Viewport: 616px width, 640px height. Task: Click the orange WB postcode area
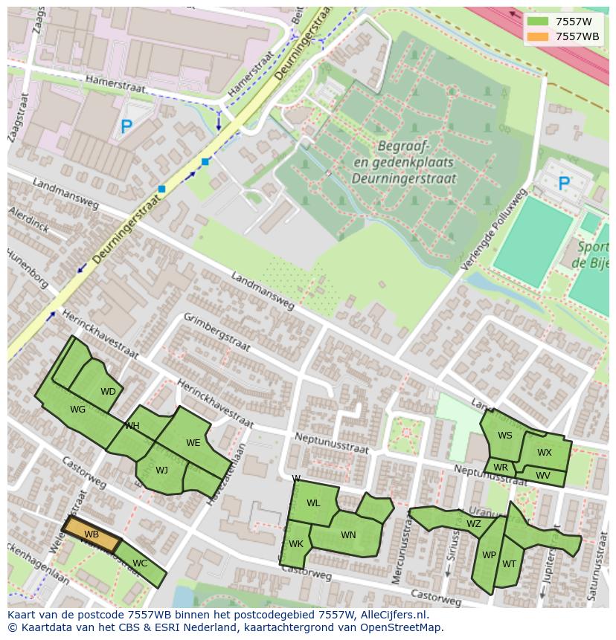pyautogui.click(x=92, y=534)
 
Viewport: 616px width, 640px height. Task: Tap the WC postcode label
pyautogui.click(x=139, y=563)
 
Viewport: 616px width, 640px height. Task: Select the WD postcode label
pyautogui.click(x=108, y=392)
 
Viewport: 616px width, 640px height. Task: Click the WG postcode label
pyautogui.click(x=77, y=410)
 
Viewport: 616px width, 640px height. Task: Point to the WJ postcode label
pyautogui.click(x=161, y=470)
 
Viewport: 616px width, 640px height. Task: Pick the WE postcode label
pyautogui.click(x=193, y=443)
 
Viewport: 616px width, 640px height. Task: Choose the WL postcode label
pyautogui.click(x=313, y=503)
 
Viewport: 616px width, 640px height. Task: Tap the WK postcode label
pyautogui.click(x=296, y=544)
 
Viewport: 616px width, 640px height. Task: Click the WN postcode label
pyautogui.click(x=348, y=535)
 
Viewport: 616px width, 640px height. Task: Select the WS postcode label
pyautogui.click(x=505, y=436)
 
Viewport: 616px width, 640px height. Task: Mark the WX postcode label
pyautogui.click(x=545, y=453)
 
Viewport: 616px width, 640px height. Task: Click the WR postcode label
pyautogui.click(x=501, y=468)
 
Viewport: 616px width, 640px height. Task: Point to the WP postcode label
pyautogui.click(x=489, y=555)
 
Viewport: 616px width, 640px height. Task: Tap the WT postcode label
pyautogui.click(x=509, y=564)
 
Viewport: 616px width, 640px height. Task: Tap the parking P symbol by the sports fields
pyautogui.click(x=564, y=183)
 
